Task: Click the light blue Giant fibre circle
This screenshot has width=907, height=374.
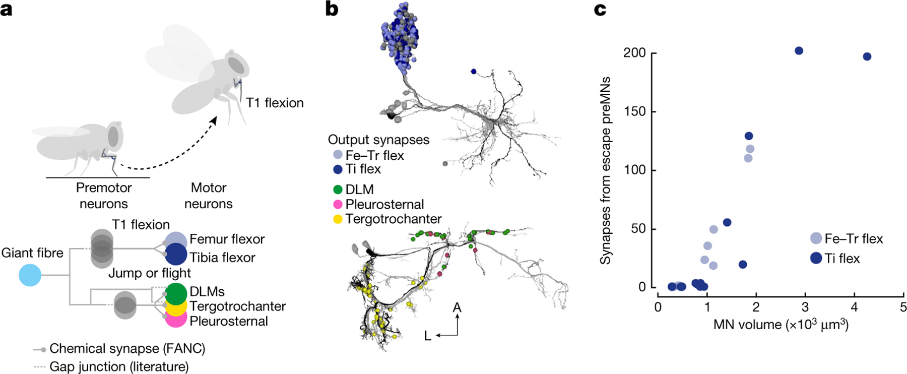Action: pyautogui.click(x=30, y=275)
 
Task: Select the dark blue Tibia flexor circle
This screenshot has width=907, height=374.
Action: pyautogui.click(x=175, y=254)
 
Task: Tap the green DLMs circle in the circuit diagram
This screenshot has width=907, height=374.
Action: pyautogui.click(x=175, y=294)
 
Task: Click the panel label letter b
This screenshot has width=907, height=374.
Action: pyautogui.click(x=332, y=9)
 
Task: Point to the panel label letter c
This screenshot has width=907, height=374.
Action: pyautogui.click(x=600, y=9)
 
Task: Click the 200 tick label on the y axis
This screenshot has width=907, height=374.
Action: pyautogui.click(x=634, y=53)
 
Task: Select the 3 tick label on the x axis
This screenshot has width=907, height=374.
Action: pyautogui.click(x=805, y=307)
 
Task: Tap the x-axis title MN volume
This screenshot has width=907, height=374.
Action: pyautogui.click(x=781, y=324)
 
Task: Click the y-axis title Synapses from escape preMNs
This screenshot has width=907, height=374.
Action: pyautogui.click(x=605, y=170)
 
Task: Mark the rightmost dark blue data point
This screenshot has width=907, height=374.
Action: pyautogui.click(x=867, y=56)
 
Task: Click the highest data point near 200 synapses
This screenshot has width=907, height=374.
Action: pyautogui.click(x=799, y=51)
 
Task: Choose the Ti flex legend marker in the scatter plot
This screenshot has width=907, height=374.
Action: pyautogui.click(x=816, y=258)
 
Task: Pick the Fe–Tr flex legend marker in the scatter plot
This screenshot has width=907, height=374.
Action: pyautogui.click(x=816, y=238)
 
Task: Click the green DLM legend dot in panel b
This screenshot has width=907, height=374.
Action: pyautogui.click(x=338, y=190)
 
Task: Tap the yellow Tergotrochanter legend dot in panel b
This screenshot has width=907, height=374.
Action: pyautogui.click(x=338, y=219)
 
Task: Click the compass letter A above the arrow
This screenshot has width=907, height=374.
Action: pyautogui.click(x=457, y=307)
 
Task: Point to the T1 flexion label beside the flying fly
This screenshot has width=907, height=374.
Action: pyautogui.click(x=275, y=103)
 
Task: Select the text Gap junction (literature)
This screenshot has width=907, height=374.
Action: pyautogui.click(x=119, y=366)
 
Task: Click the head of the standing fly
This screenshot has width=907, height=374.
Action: pyautogui.click(x=112, y=136)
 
